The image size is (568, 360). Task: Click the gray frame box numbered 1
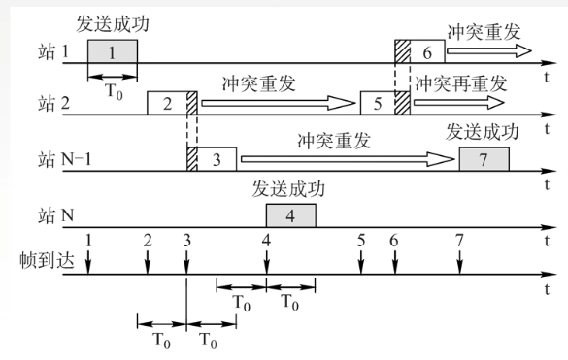[112, 52]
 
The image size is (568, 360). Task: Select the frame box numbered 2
[166, 103]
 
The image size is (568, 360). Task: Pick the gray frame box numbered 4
[290, 214]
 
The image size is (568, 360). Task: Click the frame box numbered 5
[379, 103]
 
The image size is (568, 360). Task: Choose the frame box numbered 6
[427, 52]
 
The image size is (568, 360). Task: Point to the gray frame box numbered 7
[484, 157]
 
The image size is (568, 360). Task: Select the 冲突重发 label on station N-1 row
[335, 139]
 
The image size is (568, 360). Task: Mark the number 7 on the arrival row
[459, 239]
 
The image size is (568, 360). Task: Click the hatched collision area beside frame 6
[402, 52]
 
